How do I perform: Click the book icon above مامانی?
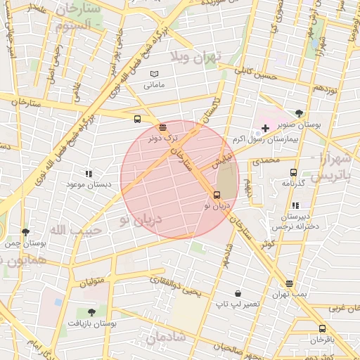pos(154,74)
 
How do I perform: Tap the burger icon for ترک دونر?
pos(163,127)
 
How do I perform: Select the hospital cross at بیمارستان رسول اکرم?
pos(264,127)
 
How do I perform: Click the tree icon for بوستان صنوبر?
pos(300,113)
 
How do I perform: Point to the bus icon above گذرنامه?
pos(293,172)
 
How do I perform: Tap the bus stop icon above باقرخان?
pos(322,328)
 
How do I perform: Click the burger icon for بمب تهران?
pos(289,283)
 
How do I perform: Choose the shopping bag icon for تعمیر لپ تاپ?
pos(238,293)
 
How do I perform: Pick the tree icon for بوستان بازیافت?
pos(91,311)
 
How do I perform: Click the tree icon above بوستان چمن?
pos(25,231)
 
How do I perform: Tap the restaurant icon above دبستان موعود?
pos(89,173)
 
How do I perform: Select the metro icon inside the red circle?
pos(217,195)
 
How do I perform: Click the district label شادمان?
pos(166,337)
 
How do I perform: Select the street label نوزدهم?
pos(327,89)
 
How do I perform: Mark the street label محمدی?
pos(266,160)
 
